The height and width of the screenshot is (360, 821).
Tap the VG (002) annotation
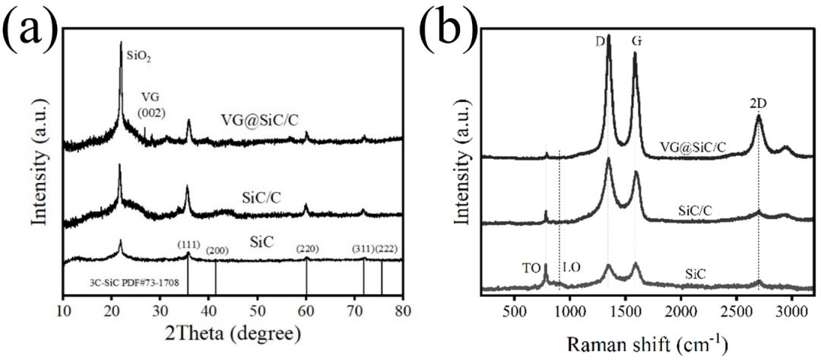[x=153, y=107]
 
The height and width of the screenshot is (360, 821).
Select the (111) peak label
[x=189, y=245]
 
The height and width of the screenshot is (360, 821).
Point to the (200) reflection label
[x=217, y=251]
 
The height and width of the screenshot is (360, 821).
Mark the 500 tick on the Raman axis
[x=515, y=311]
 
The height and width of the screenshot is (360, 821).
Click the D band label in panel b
[x=600, y=23]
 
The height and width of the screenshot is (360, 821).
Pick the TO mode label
[x=532, y=267]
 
